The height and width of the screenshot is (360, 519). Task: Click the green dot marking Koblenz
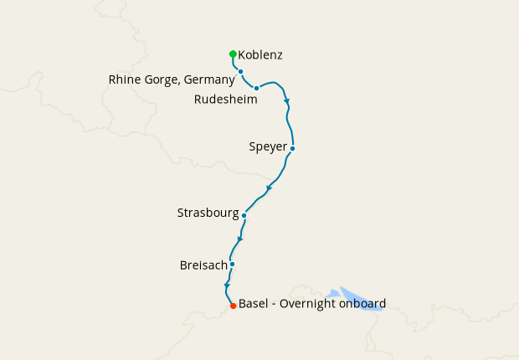coord(233,54)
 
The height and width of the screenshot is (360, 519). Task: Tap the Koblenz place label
coord(260,55)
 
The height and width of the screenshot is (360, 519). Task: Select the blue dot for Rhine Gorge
coord(240,71)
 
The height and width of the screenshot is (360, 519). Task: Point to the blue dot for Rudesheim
coord(256,88)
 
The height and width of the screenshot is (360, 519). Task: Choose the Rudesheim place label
coord(225,99)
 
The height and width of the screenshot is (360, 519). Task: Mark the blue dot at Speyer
coord(292,148)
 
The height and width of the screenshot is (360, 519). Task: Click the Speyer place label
coord(268,147)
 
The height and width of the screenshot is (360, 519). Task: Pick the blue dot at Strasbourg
coord(244,215)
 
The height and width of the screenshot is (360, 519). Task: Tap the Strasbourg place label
coord(208,213)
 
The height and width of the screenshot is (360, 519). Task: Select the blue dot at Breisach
coord(232,265)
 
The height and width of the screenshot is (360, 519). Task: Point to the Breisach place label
coord(203,265)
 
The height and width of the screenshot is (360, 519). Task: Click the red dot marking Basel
coord(233,306)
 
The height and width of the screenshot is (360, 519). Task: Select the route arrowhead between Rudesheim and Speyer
coord(287,102)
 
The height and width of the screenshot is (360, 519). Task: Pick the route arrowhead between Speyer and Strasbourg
coord(268,188)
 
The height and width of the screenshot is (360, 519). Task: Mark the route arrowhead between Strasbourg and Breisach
coord(239,240)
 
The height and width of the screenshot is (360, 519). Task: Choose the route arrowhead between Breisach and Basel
coord(226,286)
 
